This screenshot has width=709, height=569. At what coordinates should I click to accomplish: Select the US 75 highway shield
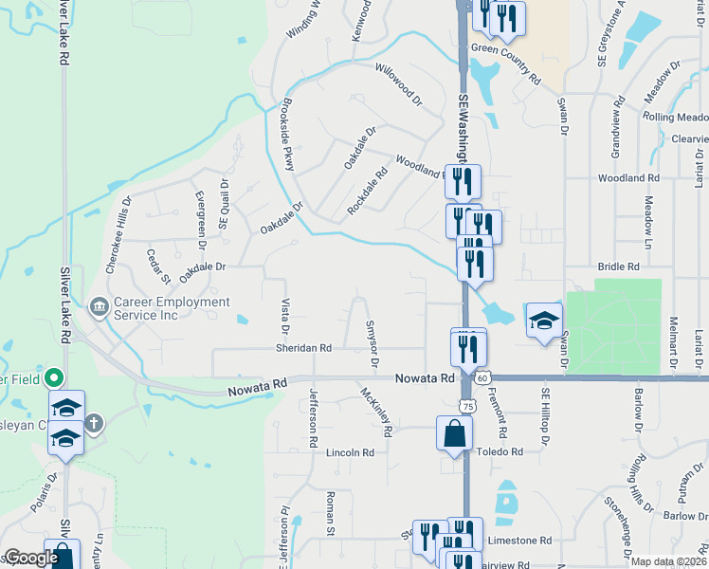467,405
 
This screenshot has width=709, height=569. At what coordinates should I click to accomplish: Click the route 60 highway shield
482,377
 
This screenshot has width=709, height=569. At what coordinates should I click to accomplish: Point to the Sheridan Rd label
303,348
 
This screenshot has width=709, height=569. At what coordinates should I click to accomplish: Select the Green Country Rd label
505,49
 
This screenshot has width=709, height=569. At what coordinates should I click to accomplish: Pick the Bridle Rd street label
619,267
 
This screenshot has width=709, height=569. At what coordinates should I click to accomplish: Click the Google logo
30,558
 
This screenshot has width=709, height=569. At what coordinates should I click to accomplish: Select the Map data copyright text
667,561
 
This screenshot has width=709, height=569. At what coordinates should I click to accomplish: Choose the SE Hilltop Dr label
545,415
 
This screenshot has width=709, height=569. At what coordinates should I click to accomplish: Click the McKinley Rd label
376,411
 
